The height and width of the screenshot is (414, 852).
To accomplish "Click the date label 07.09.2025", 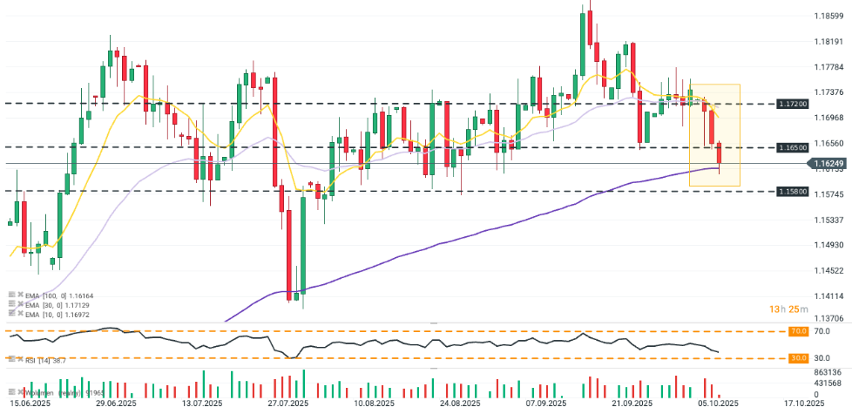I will (x=547, y=404).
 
